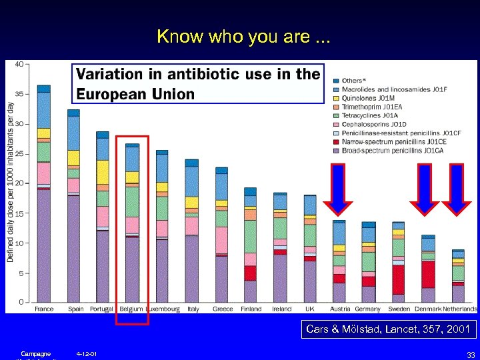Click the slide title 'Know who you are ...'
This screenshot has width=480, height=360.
click(243, 37)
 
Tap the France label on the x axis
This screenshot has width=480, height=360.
click(44, 309)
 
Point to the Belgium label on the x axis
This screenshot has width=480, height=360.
click(132, 309)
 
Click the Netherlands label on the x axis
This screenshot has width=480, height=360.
click(459, 309)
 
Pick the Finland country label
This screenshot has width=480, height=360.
click(251, 309)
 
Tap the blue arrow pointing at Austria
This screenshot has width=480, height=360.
click(339, 190)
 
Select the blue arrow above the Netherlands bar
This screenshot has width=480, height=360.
click(457, 190)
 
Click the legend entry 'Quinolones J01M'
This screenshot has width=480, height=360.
click(368, 98)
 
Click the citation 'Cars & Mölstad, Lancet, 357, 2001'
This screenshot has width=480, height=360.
click(387, 329)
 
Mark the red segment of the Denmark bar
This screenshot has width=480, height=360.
click(428, 274)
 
